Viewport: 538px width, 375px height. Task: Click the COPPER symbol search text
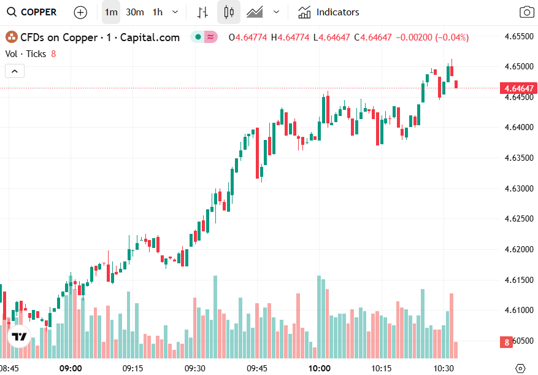pos(38,12)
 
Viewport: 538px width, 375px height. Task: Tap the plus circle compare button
pos(80,12)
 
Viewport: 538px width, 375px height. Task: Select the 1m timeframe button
pos(111,12)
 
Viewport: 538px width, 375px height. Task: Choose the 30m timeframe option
pos(135,12)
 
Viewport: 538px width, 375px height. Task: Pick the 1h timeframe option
pos(158,12)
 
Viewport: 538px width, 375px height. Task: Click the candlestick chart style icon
pos(229,12)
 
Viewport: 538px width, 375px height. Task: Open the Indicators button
pos(329,12)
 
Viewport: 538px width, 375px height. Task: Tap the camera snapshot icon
pos(526,12)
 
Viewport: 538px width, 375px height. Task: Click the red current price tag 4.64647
pos(519,88)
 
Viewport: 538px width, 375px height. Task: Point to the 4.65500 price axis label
pos(519,36)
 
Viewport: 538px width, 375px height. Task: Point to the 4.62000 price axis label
pos(519,249)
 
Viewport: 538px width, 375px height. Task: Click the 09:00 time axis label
pos(71,368)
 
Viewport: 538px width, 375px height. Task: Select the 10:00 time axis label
pos(319,368)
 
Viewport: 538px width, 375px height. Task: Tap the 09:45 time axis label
pos(257,368)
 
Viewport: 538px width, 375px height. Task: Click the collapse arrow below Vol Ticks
pos(15,71)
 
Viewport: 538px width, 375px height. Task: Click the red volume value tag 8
pos(507,342)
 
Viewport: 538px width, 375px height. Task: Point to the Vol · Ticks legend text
pos(26,54)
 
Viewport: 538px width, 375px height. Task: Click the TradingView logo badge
pos(19,336)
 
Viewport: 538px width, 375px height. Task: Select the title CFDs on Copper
pos(59,37)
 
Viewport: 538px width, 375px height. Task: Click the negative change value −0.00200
pos(414,37)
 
